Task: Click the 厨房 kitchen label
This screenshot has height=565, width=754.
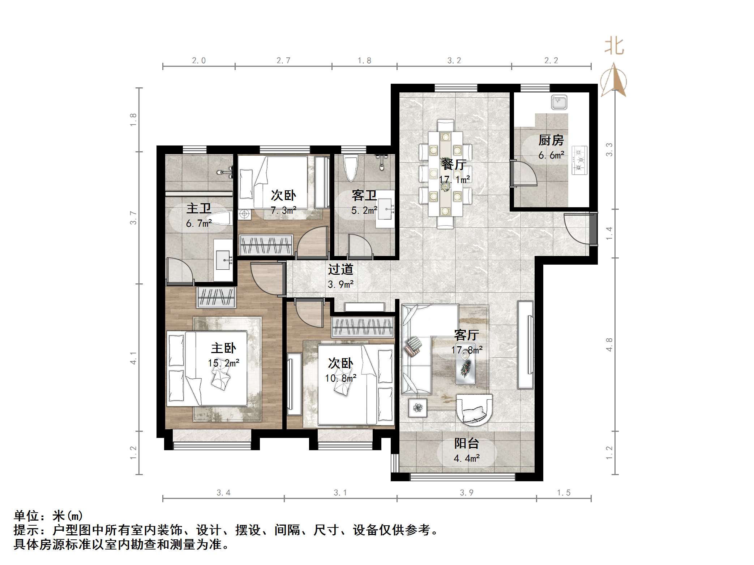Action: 551,140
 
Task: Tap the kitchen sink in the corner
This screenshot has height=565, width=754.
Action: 559,102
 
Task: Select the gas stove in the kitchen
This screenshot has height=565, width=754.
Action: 579,160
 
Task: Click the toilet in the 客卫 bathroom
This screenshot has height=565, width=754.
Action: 350,168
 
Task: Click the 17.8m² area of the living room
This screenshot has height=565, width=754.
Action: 467,350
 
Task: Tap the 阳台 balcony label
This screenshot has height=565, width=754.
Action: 466,443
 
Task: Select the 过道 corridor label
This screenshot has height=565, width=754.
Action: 340,269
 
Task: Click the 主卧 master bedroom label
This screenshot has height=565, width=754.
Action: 223,348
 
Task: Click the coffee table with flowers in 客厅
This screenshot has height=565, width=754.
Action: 466,368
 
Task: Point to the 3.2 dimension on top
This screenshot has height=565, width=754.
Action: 454,61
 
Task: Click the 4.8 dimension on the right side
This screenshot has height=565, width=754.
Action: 609,345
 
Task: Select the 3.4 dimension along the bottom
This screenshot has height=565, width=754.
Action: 223,493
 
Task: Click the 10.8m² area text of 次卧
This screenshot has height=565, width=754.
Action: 340,378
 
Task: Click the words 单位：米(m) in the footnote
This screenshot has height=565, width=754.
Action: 48,516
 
